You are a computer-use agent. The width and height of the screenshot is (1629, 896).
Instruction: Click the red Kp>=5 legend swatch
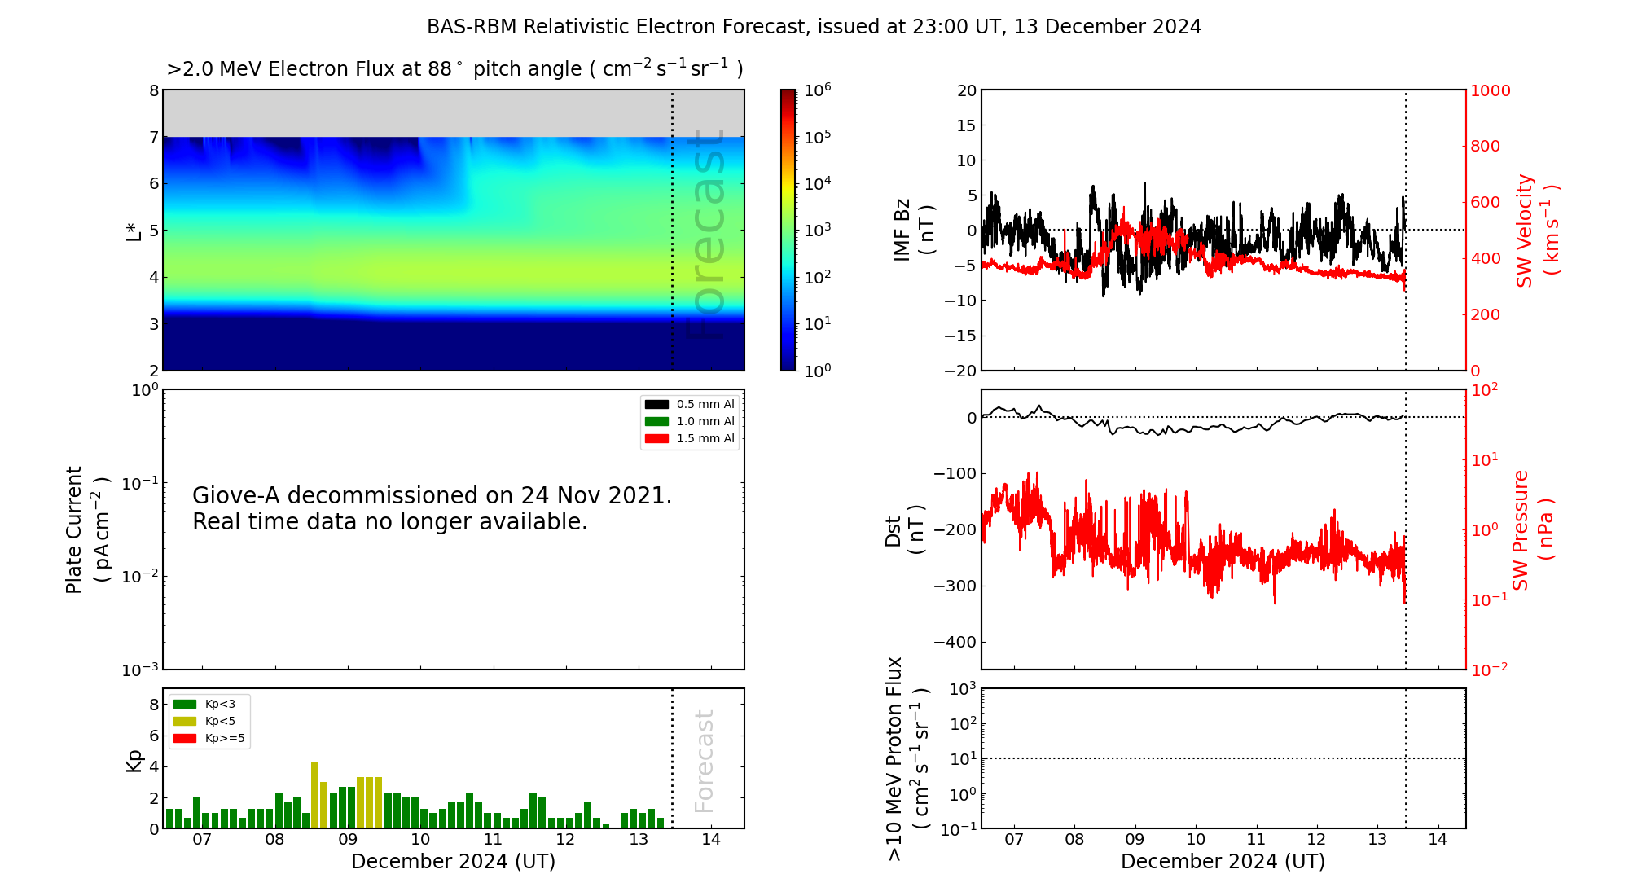tap(185, 739)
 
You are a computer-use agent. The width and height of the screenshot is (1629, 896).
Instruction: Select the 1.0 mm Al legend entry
tap(689, 421)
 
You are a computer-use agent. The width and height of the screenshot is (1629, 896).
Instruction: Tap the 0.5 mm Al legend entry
tap(689, 404)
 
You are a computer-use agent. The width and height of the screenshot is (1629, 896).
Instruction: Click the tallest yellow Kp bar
tap(314, 795)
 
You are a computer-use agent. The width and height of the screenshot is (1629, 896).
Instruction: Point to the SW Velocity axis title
tap(1536, 231)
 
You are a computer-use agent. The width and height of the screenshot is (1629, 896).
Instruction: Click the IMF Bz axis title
tap(914, 230)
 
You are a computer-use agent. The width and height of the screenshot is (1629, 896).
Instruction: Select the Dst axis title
tap(904, 530)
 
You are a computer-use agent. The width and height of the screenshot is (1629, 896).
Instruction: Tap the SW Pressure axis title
tap(1533, 529)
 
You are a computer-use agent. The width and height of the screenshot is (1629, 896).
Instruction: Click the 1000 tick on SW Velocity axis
tap(1490, 90)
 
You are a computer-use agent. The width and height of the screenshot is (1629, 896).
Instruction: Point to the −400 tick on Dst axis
tap(955, 642)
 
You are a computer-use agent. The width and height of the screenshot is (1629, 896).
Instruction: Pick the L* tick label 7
tap(154, 137)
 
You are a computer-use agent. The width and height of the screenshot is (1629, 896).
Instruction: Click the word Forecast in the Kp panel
tap(704, 761)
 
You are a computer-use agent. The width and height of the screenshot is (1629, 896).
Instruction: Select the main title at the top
tap(814, 27)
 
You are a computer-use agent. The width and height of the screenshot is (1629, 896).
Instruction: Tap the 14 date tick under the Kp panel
tap(711, 840)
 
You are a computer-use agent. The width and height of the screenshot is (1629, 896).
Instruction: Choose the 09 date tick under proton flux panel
tap(1135, 840)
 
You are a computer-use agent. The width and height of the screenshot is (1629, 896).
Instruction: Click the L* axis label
tap(134, 231)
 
